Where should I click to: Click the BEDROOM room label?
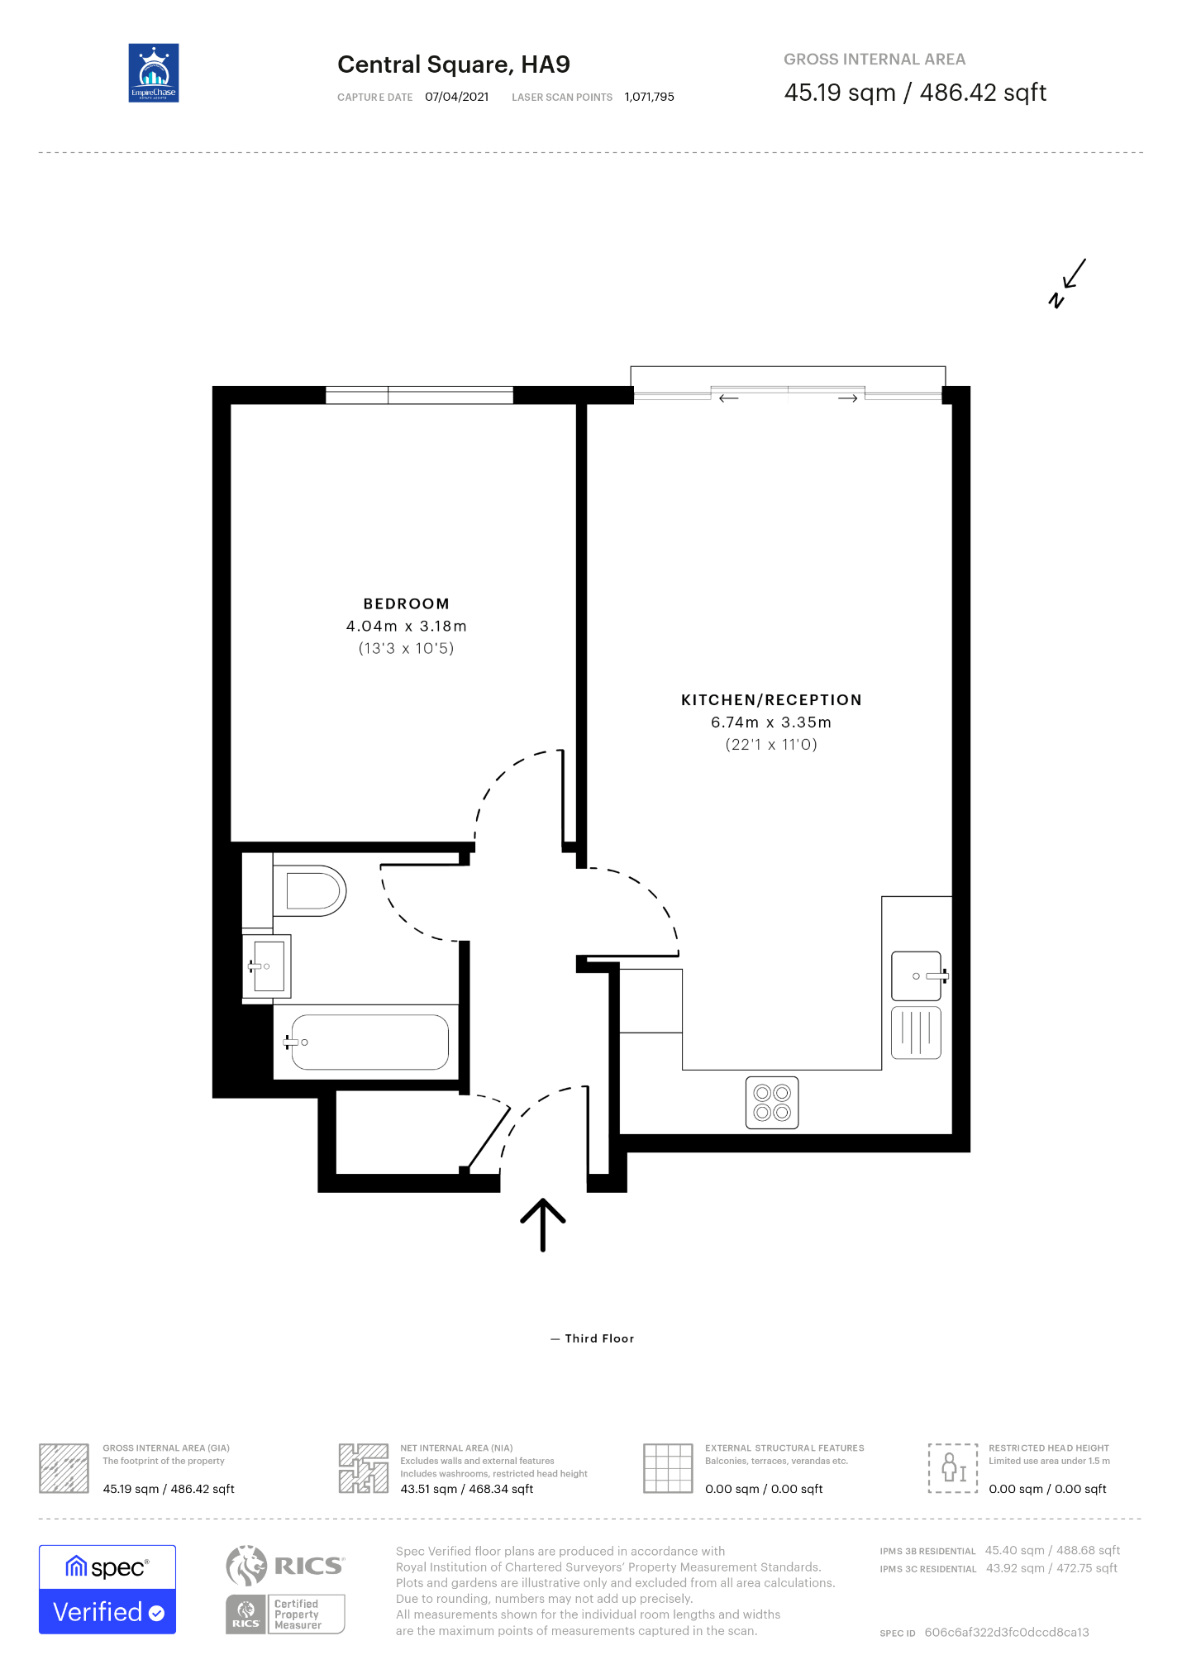click(406, 604)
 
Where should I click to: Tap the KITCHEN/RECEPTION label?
click(771, 700)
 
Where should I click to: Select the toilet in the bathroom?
click(309, 890)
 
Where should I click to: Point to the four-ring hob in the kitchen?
click(772, 1103)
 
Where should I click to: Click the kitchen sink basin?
click(917, 976)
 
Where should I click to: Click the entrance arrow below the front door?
click(542, 1224)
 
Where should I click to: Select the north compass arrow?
click(1073, 274)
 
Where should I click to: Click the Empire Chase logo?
click(154, 73)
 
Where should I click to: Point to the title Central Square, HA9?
click(454, 64)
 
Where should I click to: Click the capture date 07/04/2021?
click(457, 97)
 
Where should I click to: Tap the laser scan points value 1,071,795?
click(650, 97)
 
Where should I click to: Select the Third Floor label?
click(599, 1338)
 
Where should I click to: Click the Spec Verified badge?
click(107, 1590)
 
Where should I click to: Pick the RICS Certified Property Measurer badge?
click(285, 1614)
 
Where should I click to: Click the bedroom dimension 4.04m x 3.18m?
click(406, 627)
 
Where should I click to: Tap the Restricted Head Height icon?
click(953, 1468)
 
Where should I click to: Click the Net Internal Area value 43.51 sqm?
click(429, 1489)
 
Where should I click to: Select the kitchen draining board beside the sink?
click(917, 1033)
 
